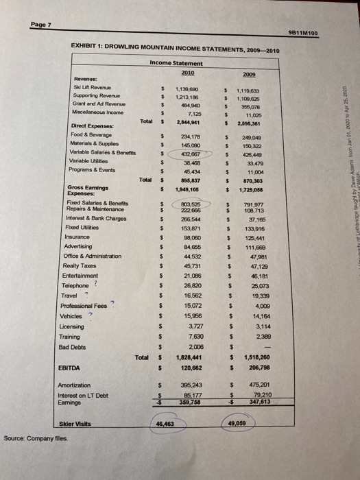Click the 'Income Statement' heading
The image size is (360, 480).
176,63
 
